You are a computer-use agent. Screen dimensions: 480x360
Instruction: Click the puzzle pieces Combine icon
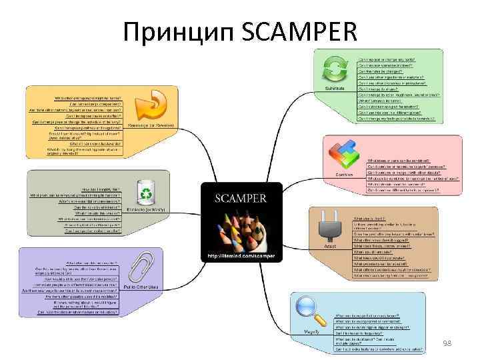click(345, 157)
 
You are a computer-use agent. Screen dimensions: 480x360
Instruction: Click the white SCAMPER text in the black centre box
click(241, 198)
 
